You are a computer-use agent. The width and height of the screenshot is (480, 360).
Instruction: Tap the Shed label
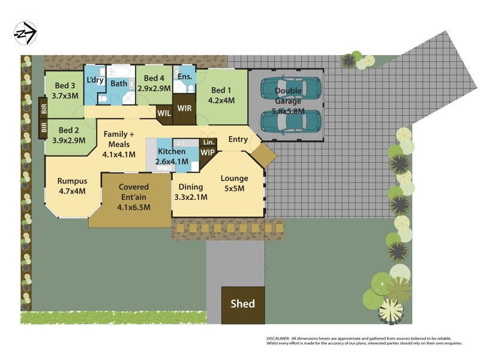pyautogui.click(x=243, y=304)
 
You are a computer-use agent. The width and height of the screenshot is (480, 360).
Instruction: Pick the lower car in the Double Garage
pyautogui.click(x=291, y=121)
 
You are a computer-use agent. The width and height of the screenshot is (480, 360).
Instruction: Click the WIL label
pyautogui.click(x=164, y=112)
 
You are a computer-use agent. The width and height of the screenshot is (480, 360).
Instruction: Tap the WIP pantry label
pyautogui.click(x=208, y=152)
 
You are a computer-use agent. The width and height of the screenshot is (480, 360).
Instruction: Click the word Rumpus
pyautogui.click(x=72, y=181)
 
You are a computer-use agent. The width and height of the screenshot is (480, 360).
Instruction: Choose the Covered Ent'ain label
pyautogui.click(x=134, y=187)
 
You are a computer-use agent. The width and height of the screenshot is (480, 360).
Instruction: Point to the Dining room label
pyautogui.click(x=190, y=187)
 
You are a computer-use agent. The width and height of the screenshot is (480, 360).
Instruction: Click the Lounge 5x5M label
pyautogui.click(x=234, y=183)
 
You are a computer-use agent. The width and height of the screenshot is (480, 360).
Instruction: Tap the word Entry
pyautogui.click(x=238, y=140)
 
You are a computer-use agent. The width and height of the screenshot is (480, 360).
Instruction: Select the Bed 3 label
pyautogui.click(x=65, y=85)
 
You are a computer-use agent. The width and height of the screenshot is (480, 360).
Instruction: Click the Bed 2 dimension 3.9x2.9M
pyautogui.click(x=69, y=140)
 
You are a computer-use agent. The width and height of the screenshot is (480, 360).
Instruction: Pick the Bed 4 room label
pyautogui.click(x=154, y=79)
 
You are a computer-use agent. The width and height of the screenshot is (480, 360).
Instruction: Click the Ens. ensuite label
pyautogui.click(x=184, y=76)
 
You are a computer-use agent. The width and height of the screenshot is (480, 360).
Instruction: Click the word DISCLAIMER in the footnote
pyautogui.click(x=278, y=338)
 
